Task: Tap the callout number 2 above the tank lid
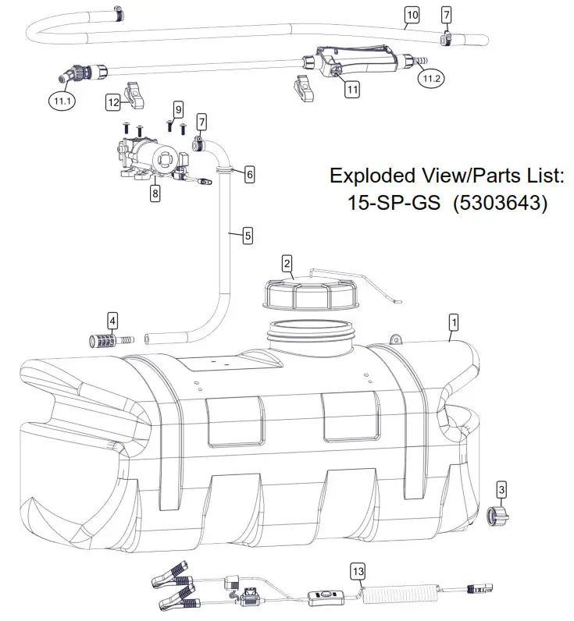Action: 287,263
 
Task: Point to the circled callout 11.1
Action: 61,99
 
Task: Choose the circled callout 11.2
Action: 431,77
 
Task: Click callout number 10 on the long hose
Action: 412,14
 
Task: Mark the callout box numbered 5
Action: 247,234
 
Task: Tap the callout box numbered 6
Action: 249,174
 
